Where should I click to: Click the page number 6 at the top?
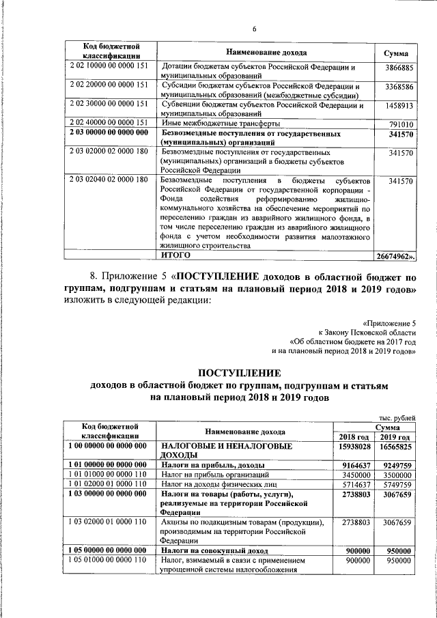(253, 29)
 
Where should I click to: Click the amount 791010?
(401, 124)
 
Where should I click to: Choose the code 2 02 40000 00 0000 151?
(109, 122)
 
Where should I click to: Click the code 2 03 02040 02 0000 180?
(109, 180)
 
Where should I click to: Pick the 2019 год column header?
(395, 436)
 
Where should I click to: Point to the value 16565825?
(395, 446)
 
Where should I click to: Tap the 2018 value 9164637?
(355, 465)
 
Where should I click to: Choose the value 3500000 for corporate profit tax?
(396, 475)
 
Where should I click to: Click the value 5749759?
(396, 484)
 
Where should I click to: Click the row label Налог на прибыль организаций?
(210, 475)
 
